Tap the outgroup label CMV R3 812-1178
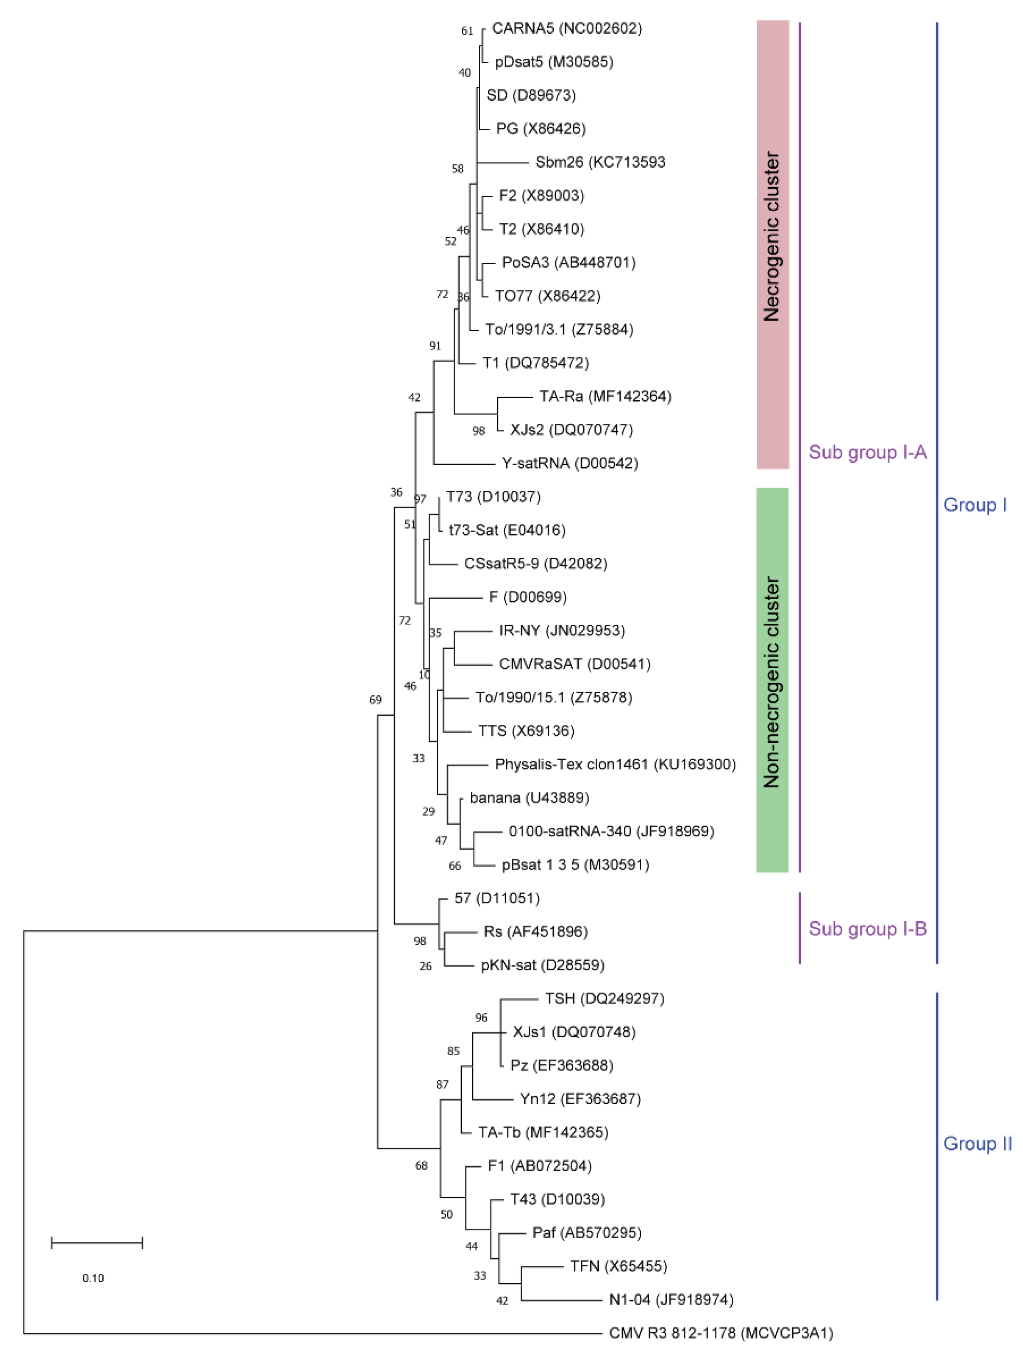click(x=721, y=1333)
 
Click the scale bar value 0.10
click(x=93, y=1278)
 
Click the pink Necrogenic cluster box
click(x=772, y=245)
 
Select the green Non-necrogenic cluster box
click(x=772, y=680)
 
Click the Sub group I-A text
click(x=867, y=452)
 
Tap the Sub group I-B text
click(x=867, y=929)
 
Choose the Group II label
click(x=977, y=1144)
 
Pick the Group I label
click(x=975, y=505)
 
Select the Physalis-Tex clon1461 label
click(x=615, y=764)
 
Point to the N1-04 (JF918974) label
click(x=671, y=1299)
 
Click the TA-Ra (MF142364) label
click(x=605, y=397)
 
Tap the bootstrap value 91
click(x=435, y=346)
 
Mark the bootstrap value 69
click(x=375, y=700)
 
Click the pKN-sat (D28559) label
click(x=542, y=965)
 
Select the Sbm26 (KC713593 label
click(x=600, y=162)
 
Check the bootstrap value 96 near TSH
click(x=481, y=1018)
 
